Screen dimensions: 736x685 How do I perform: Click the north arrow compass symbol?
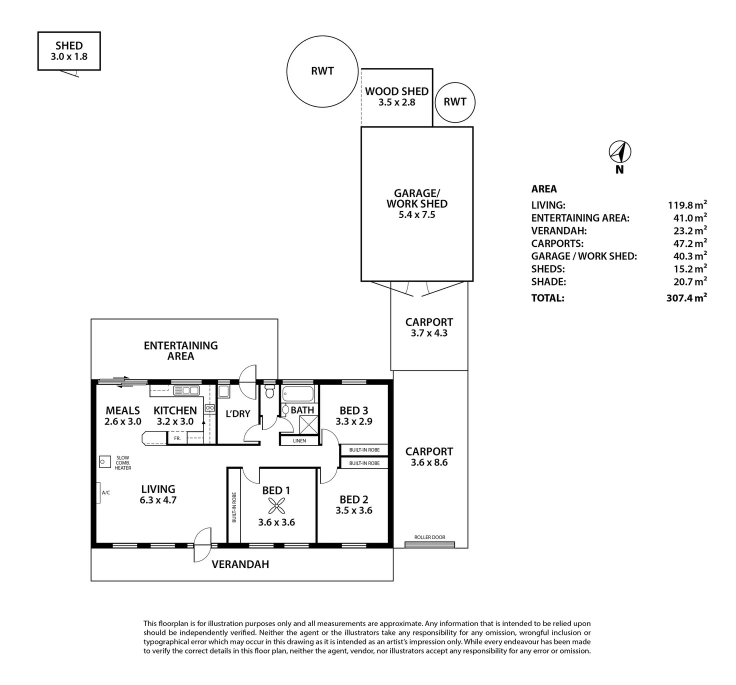(619, 151)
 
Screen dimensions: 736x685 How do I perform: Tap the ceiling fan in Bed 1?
(276, 506)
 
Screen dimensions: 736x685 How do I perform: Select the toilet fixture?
(269, 390)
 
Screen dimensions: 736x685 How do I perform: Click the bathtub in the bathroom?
(298, 394)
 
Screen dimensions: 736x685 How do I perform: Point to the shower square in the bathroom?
(308, 425)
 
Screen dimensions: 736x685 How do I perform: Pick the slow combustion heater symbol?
(105, 462)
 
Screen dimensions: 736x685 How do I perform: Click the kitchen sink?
(186, 390)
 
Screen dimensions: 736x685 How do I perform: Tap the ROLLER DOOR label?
(429, 537)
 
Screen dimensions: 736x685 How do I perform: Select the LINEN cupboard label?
(299, 440)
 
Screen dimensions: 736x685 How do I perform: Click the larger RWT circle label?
(322, 71)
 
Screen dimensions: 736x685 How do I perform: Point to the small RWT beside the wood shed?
(454, 102)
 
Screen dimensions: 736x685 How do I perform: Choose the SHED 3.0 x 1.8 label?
(69, 51)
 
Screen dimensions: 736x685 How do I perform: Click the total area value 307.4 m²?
(686, 297)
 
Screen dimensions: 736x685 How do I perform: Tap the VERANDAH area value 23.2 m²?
(689, 230)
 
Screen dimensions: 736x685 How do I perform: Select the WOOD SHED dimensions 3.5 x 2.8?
(396, 102)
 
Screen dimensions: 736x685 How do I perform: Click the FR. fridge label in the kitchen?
(177, 438)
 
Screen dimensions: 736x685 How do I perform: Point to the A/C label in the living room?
(106, 492)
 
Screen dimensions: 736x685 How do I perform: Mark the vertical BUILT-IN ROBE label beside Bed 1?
(234, 507)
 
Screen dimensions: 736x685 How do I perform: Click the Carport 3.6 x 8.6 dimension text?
(429, 462)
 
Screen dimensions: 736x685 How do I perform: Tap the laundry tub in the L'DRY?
(223, 391)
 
